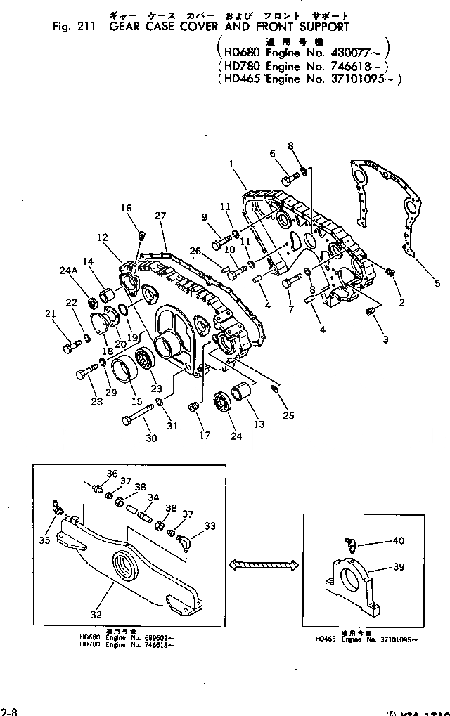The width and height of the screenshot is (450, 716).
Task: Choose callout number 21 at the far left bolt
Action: pos(49,313)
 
